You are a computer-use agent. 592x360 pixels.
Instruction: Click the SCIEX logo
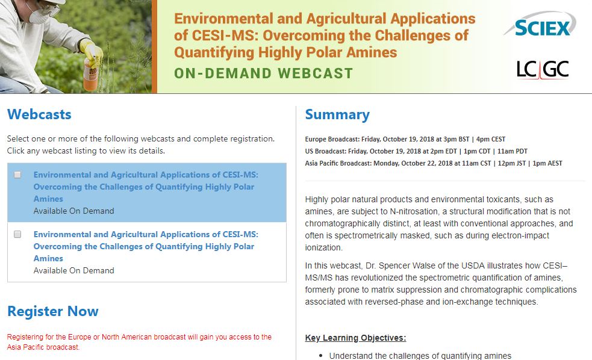click(540, 25)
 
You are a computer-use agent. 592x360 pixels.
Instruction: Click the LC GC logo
click(543, 69)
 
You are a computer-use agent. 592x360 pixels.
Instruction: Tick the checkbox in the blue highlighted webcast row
click(17, 175)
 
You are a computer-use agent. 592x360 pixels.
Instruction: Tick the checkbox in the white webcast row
click(17, 234)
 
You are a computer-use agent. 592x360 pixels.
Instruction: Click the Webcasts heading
click(39, 114)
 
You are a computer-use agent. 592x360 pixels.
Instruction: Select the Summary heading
click(337, 115)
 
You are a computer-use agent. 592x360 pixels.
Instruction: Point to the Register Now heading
click(53, 311)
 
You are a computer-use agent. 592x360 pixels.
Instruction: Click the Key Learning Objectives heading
click(356, 338)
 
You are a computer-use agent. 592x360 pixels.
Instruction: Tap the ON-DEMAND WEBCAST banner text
click(264, 73)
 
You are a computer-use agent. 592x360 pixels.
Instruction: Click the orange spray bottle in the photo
click(90, 75)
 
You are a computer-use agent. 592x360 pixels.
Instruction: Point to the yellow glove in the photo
click(90, 51)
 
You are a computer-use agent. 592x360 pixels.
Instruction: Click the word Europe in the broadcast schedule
click(316, 139)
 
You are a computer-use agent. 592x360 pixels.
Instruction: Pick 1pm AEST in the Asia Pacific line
click(547, 163)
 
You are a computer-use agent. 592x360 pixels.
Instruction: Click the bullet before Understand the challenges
click(321, 355)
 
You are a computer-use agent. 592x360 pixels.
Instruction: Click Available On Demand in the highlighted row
click(73, 211)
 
